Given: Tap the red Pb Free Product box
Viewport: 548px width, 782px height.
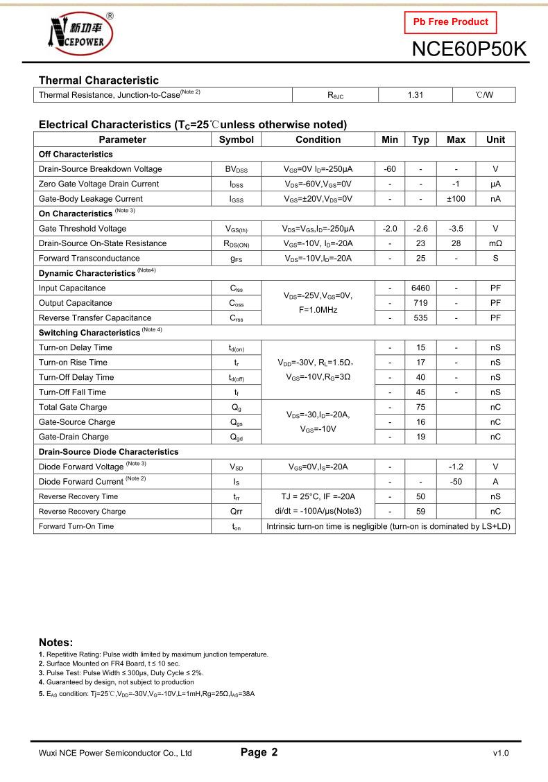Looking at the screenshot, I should (450, 21).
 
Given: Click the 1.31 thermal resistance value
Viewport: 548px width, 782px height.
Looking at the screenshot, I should (415, 95).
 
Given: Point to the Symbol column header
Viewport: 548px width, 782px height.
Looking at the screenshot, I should (236, 139).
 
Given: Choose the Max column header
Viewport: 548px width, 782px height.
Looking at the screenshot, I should (456, 139).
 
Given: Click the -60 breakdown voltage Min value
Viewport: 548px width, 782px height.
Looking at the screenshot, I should (390, 169).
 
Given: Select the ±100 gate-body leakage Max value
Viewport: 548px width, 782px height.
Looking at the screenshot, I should (456, 199).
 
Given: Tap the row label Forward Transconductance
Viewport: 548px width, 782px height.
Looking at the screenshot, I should (89, 259).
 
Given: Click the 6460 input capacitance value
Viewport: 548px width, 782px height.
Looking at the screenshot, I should (420, 288).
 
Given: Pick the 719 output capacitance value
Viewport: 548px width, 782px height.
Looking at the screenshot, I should (420, 303).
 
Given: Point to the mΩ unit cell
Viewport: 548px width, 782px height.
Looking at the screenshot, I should (495, 243).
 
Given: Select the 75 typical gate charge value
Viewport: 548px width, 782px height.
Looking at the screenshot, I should (420, 408).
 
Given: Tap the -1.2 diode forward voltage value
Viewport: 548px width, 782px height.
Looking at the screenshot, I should (456, 467).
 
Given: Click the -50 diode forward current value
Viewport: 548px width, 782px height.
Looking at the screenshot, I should (456, 482).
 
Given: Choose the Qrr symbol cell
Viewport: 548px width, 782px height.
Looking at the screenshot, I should (236, 512).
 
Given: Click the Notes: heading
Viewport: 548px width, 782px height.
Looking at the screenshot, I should (56, 642).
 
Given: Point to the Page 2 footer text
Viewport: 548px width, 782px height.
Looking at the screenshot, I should (259, 752).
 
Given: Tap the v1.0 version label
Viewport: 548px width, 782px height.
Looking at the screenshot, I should (500, 753).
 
